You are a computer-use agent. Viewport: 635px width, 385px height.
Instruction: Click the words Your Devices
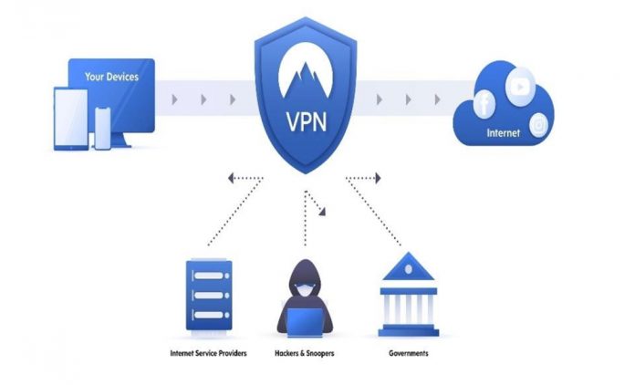click(111, 77)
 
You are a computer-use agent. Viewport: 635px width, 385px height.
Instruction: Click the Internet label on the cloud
click(504, 133)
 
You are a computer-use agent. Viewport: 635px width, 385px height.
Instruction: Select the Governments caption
click(406, 352)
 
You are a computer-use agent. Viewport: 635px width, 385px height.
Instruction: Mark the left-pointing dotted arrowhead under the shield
click(232, 178)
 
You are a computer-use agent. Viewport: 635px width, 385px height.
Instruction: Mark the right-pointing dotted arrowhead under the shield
click(376, 178)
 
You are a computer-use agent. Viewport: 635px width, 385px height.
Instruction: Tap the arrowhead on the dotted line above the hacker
click(321, 214)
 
